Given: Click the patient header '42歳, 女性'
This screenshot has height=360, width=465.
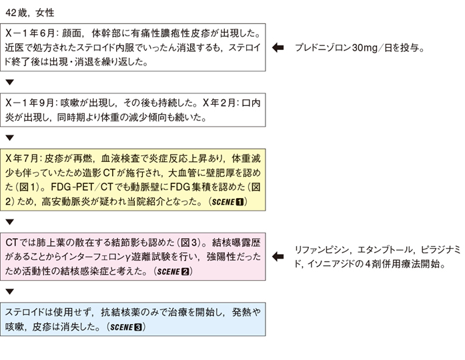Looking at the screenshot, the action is pyautogui.click(x=29, y=13).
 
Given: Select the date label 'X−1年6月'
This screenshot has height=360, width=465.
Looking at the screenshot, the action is pyautogui.click(x=30, y=33).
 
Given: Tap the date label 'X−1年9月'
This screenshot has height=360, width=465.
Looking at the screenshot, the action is pyautogui.click(x=29, y=103).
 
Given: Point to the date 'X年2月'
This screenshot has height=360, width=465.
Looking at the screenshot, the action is pyautogui.click(x=219, y=103).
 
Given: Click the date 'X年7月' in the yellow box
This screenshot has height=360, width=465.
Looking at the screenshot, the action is pyautogui.click(x=22, y=159).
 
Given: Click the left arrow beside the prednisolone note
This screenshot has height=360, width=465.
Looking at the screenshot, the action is pyautogui.click(x=278, y=47).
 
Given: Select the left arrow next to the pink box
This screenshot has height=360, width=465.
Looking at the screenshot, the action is pyautogui.click(x=278, y=257).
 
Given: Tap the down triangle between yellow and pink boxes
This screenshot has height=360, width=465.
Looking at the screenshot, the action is pyautogui.click(x=10, y=222).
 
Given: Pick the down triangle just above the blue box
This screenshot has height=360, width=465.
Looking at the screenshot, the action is pyautogui.click(x=10, y=292).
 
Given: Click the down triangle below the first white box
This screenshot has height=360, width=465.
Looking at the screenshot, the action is pyautogui.click(x=10, y=83).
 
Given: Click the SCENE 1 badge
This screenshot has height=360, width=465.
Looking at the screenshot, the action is pyautogui.click(x=227, y=202).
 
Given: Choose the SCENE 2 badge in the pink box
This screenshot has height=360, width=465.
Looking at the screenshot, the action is pyautogui.click(x=173, y=271).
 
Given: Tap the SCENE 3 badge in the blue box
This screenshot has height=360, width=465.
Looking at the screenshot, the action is pyautogui.click(x=126, y=327).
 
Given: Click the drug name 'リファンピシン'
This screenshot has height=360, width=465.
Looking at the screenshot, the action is pyautogui.click(x=322, y=250).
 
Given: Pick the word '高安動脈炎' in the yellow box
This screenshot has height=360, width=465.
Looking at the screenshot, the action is pyautogui.click(x=65, y=202).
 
